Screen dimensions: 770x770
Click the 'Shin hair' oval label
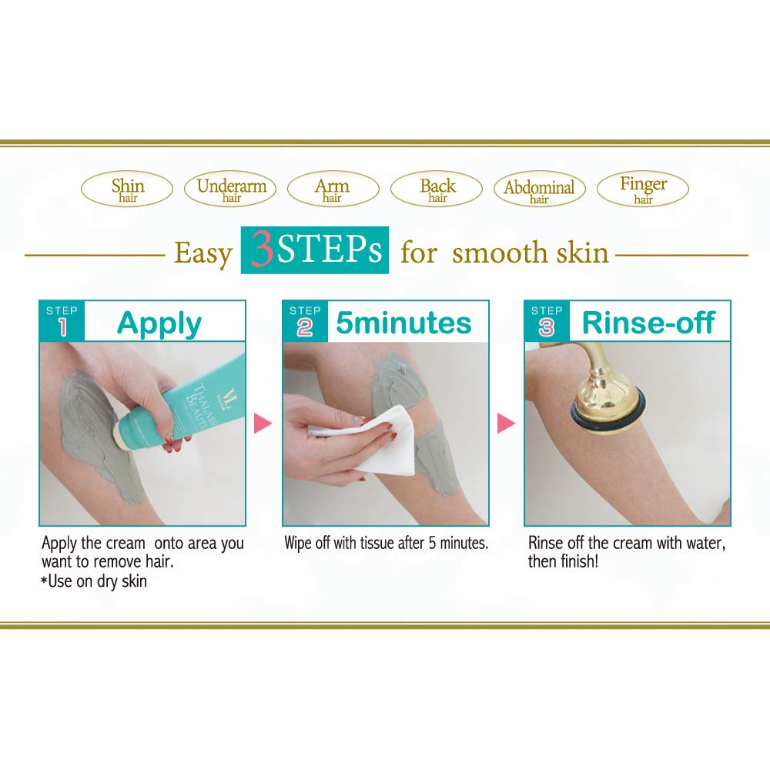(x=127, y=189)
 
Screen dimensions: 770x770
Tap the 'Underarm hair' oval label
(x=230, y=189)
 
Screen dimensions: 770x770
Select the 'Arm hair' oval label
(x=333, y=189)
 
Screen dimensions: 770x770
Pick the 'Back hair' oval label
(x=437, y=189)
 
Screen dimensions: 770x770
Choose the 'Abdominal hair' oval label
(x=540, y=189)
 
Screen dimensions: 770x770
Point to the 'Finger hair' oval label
(x=643, y=189)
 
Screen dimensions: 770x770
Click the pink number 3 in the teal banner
(x=262, y=249)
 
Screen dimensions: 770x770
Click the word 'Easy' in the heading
(x=203, y=254)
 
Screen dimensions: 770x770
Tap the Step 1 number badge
(x=62, y=321)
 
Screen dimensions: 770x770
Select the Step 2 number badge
(x=305, y=321)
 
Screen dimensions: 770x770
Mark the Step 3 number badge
(x=547, y=321)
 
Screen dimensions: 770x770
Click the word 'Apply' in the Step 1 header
(x=159, y=324)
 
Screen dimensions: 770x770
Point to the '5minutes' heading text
(x=403, y=323)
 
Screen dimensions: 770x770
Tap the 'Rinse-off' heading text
(x=648, y=323)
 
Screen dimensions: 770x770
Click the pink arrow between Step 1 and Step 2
(x=263, y=423)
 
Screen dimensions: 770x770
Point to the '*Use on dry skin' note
(x=94, y=581)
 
